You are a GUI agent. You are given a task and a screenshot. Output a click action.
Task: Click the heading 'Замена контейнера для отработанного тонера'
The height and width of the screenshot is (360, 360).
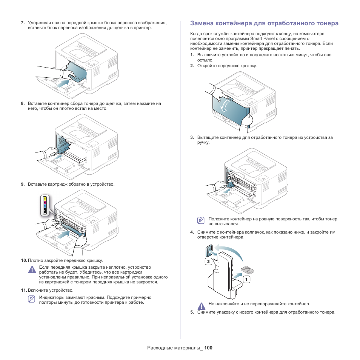click(x=264, y=23)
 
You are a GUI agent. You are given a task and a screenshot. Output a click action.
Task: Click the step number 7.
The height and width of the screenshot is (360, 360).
click(x=23, y=23)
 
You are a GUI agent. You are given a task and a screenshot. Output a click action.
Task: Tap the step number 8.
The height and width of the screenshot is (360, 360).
click(x=23, y=103)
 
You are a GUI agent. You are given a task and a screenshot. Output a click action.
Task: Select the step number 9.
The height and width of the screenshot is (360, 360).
click(x=23, y=184)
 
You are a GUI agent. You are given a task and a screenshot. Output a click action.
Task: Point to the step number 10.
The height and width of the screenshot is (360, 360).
click(x=24, y=260)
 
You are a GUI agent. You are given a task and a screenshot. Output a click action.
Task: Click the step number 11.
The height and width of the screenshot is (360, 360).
click(x=24, y=290)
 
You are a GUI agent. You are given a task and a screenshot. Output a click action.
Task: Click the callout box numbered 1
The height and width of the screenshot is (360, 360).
click(x=246, y=280)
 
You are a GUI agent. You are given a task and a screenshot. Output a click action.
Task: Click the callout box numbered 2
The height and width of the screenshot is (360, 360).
click(x=208, y=261)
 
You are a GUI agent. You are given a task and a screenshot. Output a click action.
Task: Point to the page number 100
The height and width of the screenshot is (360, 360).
click(x=209, y=348)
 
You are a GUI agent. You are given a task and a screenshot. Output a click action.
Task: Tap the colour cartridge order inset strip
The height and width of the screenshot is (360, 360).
click(x=45, y=205)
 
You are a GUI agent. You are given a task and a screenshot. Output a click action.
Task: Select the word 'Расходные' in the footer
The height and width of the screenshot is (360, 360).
click(x=159, y=348)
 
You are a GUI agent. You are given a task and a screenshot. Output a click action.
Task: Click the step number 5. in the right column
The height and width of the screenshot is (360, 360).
click(x=192, y=312)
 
